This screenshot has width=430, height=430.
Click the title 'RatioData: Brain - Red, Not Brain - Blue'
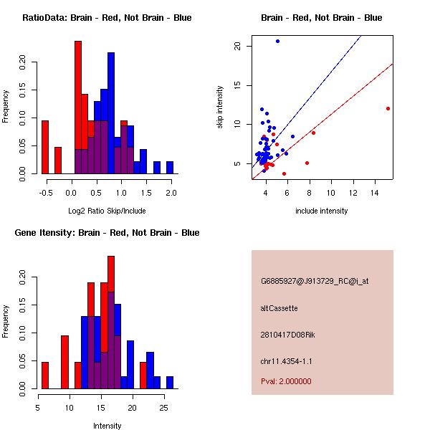[x=107, y=18]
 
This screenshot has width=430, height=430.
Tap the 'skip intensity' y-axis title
[x=221, y=107]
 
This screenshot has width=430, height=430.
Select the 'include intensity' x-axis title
[x=322, y=211]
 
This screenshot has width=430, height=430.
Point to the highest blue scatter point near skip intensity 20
[x=277, y=42]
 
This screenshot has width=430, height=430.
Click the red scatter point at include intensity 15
[x=388, y=109]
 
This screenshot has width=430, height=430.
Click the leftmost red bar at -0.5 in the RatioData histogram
[x=45, y=147]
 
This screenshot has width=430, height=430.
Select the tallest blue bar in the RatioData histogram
[x=111, y=113]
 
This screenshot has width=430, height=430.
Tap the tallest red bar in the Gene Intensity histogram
[x=111, y=322]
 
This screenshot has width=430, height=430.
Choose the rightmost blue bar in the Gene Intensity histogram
[x=170, y=382]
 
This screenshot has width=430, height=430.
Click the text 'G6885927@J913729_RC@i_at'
[x=315, y=281]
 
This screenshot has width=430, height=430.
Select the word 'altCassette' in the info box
[x=279, y=308]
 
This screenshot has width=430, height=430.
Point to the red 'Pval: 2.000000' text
[x=286, y=381]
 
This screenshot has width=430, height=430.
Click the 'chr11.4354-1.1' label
[x=287, y=361]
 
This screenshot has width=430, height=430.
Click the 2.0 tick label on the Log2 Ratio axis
[x=171, y=193]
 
